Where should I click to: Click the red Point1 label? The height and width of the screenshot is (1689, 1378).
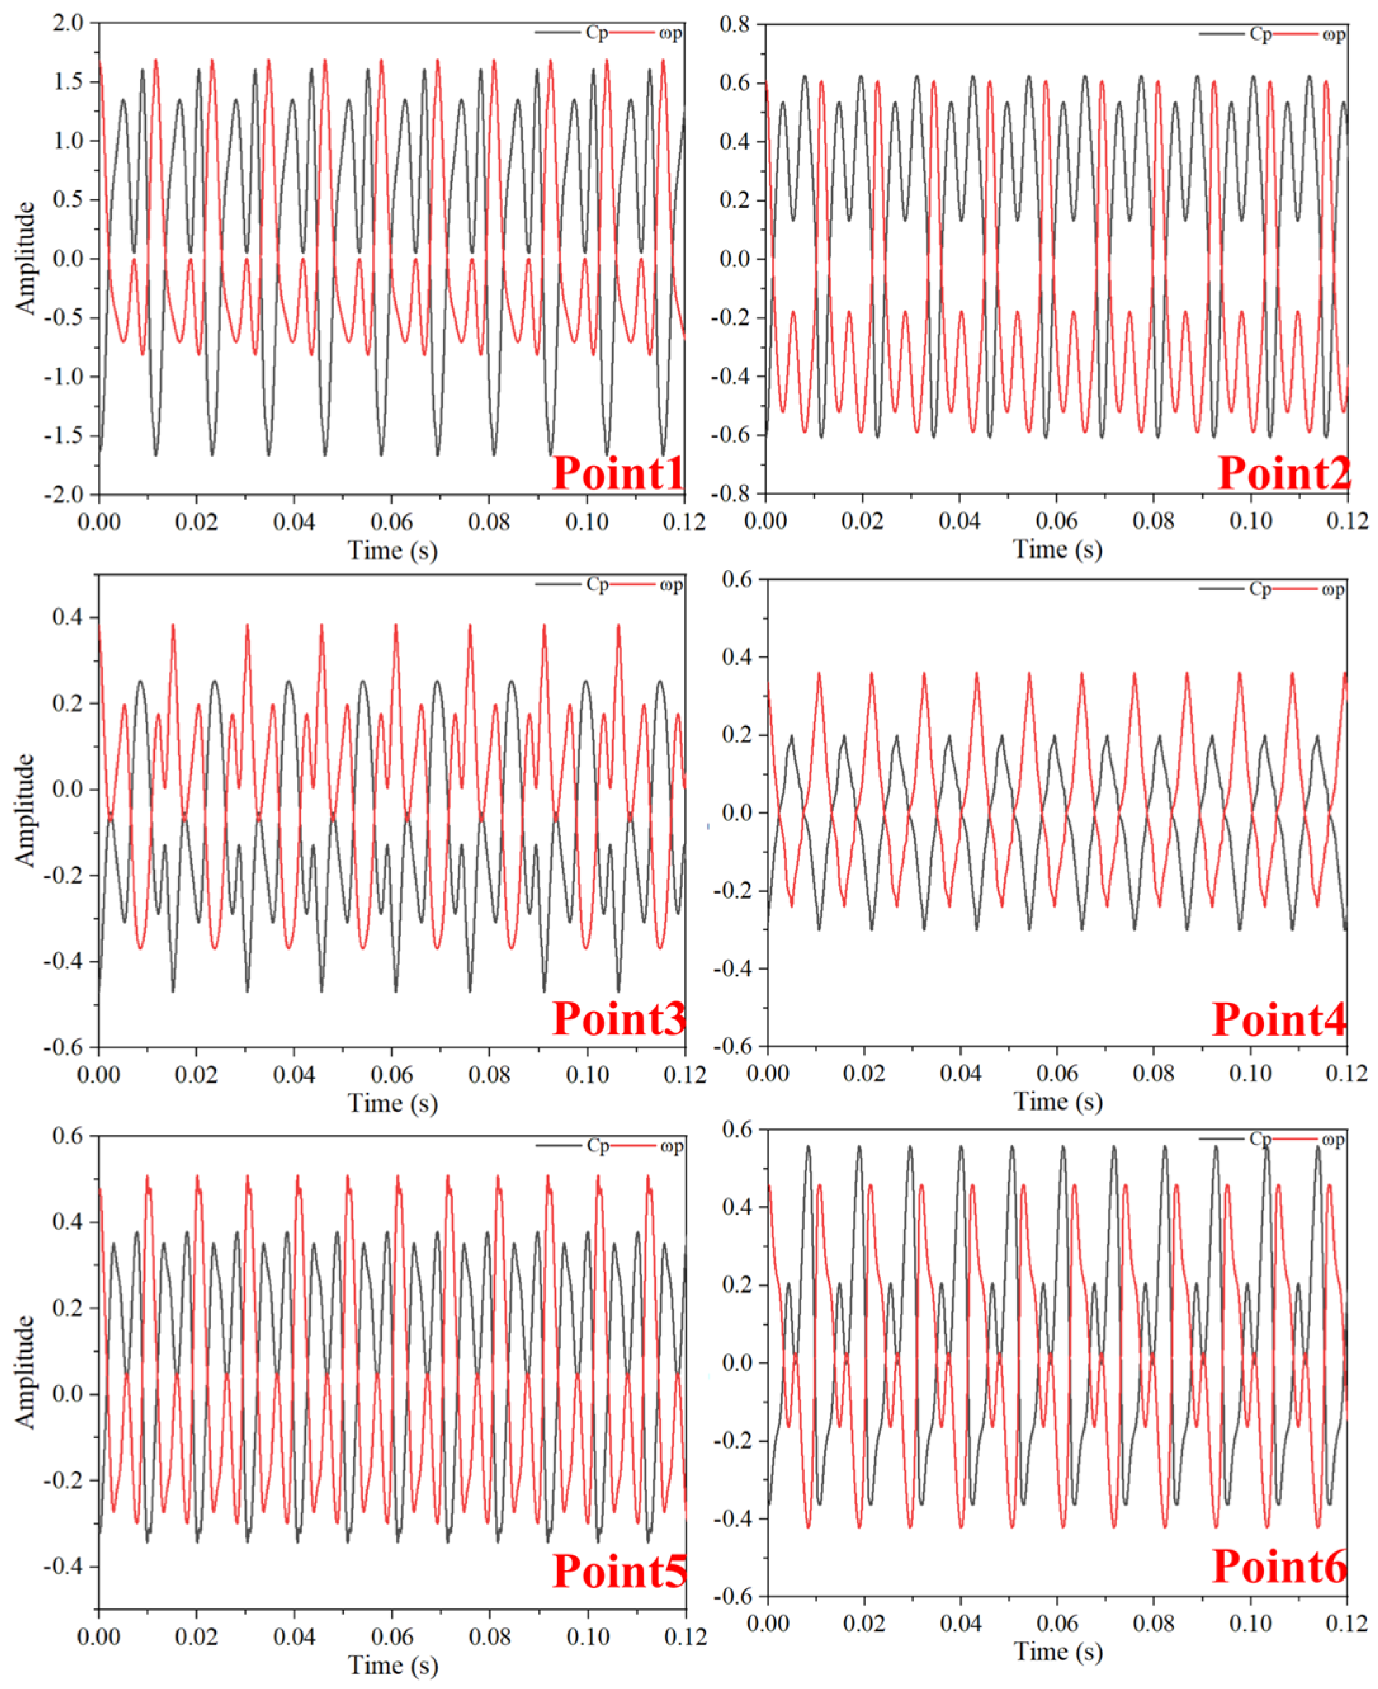click(x=618, y=473)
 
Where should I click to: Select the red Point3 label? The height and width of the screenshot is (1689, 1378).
click(x=618, y=1019)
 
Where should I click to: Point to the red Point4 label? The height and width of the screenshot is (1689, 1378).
click(x=1279, y=1019)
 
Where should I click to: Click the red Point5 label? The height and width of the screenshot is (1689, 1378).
click(x=619, y=1571)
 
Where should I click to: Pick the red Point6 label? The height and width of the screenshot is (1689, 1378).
click(x=1279, y=1566)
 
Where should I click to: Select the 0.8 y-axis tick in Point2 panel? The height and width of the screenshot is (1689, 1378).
click(x=734, y=25)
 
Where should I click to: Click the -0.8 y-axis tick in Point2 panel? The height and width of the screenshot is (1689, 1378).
click(x=731, y=493)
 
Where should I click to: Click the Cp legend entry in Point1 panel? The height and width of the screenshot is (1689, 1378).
click(x=596, y=32)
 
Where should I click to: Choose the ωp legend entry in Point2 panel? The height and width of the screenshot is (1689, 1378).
click(x=1334, y=34)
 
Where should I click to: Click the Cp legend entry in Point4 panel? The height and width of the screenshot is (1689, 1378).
click(x=1259, y=589)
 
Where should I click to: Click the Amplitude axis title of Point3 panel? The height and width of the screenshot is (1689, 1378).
click(x=25, y=809)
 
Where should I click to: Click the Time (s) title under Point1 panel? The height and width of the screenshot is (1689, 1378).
click(x=393, y=550)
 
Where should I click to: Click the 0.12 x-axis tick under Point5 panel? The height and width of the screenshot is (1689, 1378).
click(x=684, y=1636)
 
